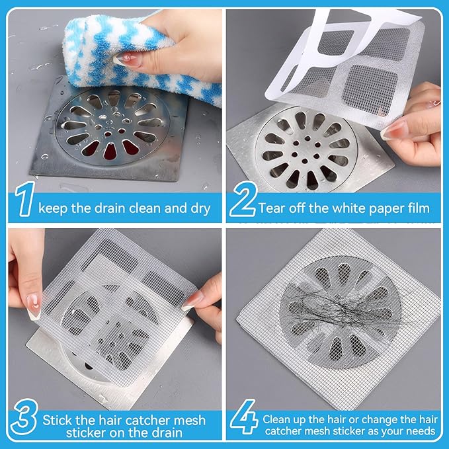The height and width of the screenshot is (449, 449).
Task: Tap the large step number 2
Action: point(242,204)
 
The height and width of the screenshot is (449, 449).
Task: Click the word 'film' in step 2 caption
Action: point(417,208)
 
